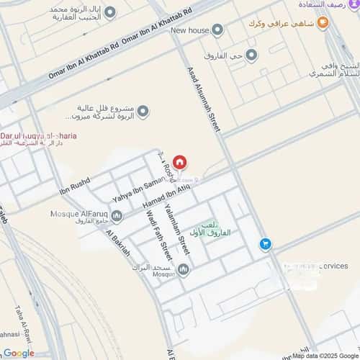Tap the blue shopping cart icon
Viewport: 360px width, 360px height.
266,245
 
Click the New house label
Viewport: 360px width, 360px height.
189,30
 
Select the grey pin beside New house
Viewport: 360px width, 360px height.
217,30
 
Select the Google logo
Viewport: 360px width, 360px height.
18,352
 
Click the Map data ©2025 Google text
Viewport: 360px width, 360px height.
324,355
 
